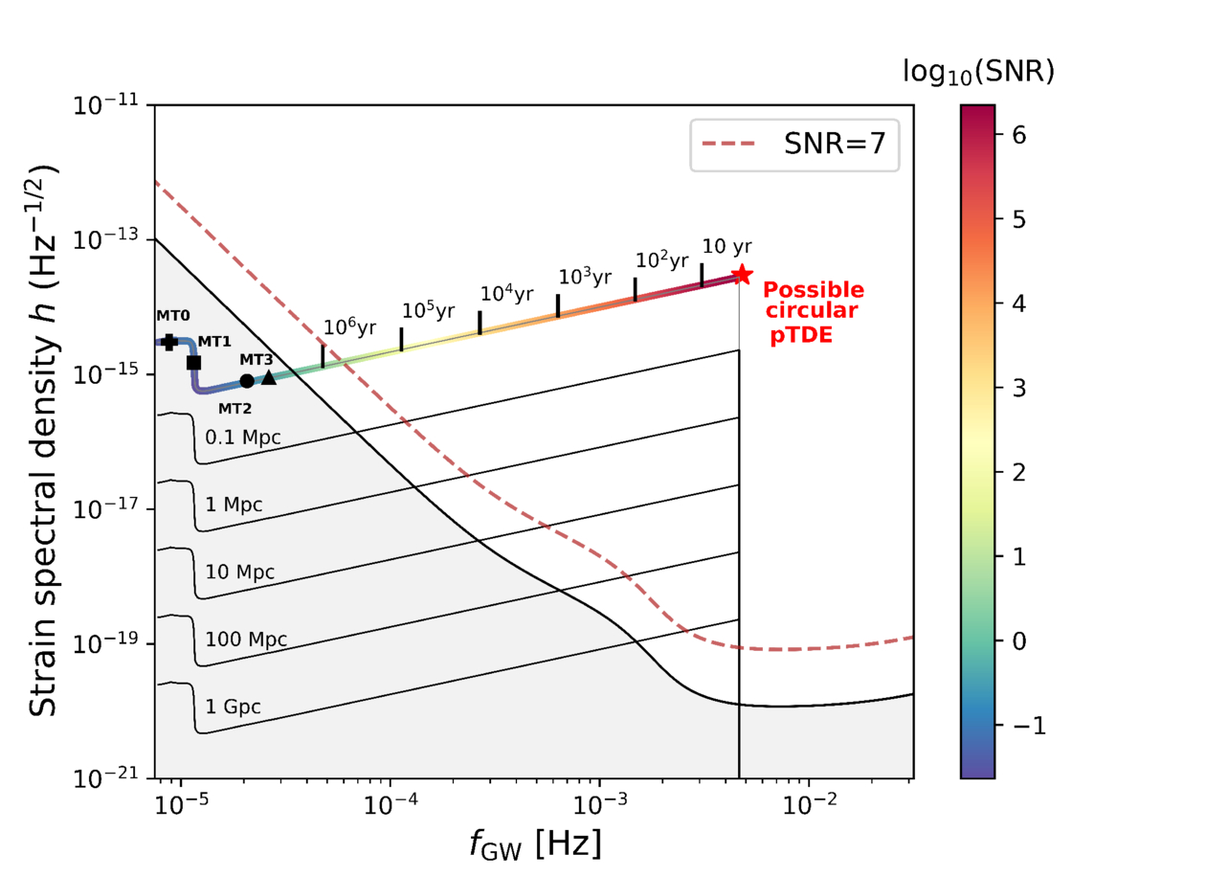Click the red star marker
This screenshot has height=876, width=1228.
[742, 275]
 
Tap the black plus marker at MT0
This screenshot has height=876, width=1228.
[169, 342]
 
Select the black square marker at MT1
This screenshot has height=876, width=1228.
[193, 362]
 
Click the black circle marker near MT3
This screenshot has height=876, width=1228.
[247, 380]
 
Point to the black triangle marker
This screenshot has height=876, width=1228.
[269, 378]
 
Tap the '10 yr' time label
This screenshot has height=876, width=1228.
[726, 245]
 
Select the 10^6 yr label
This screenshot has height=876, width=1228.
[349, 326]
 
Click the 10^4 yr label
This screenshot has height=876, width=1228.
[506, 293]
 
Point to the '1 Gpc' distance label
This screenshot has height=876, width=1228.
[233, 707]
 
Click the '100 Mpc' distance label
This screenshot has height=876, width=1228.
[246, 639]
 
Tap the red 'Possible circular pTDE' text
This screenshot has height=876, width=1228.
[813, 312]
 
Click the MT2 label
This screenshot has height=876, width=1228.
[236, 408]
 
